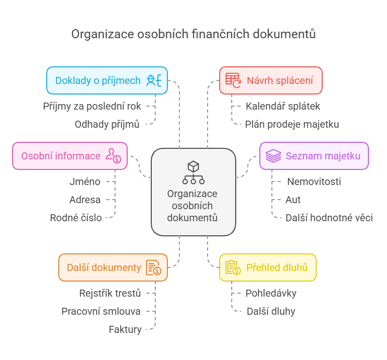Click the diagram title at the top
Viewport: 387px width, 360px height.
coord(193,34)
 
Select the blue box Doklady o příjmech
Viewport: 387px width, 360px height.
coord(107,80)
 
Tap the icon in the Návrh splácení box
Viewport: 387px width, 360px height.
coord(233,80)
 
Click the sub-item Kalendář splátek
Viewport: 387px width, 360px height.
coord(282,106)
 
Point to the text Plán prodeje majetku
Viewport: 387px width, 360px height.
coord(292,124)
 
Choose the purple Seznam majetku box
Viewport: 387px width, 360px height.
coord(314,156)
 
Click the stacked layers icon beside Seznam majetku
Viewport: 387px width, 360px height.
coord(273,156)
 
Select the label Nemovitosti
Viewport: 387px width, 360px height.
coord(314,182)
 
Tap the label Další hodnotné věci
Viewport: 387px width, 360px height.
coord(329,218)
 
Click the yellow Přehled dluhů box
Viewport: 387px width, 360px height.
coord(267,267)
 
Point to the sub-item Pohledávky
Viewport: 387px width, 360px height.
coord(271,293)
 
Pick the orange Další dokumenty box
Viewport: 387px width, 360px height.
coord(113,267)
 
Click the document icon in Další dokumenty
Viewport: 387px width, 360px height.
coord(153,267)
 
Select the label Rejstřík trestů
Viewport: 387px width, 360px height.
coord(110,293)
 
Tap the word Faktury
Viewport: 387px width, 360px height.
coord(125,329)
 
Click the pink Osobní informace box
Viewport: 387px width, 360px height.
coord(69,156)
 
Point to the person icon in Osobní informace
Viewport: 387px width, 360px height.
coord(113,156)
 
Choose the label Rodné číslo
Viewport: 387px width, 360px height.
coord(76,218)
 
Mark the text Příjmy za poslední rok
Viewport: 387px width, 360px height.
coord(92,106)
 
